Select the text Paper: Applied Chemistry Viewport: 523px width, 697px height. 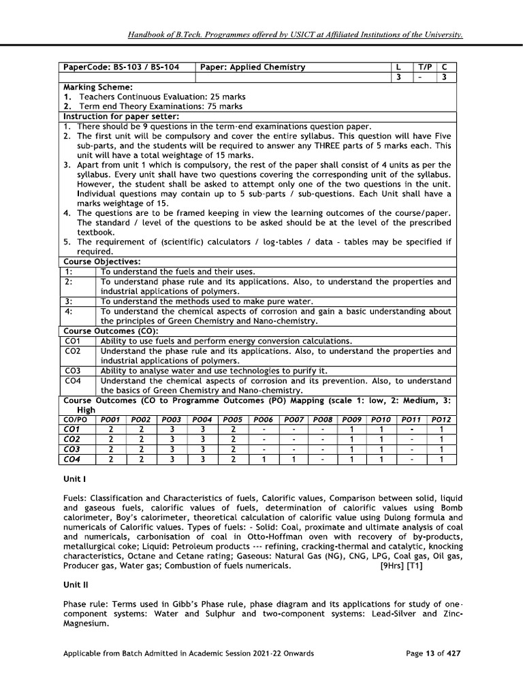252,67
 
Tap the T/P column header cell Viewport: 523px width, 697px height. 425,67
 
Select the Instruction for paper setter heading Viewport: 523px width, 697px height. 121,116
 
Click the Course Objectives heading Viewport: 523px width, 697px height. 102,261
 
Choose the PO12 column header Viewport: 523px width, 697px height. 441,420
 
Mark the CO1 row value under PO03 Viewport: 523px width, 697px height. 173,429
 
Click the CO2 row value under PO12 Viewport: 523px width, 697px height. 441,440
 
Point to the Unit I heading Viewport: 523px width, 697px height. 74,479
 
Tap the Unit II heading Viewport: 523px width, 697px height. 75,584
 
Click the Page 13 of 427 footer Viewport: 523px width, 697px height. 433,653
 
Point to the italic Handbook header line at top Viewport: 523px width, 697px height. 295,34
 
